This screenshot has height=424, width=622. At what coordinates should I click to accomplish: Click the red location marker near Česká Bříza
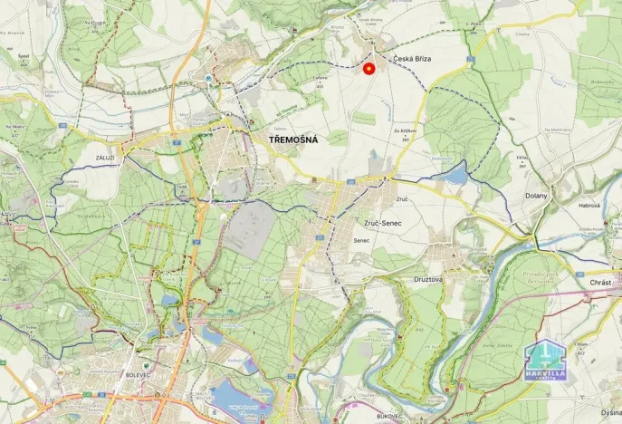[368, 68]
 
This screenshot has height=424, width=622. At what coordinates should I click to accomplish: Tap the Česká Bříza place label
[411, 58]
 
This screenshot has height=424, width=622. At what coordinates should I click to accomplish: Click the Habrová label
[589, 206]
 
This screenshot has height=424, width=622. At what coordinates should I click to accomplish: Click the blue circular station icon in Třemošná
[210, 78]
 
